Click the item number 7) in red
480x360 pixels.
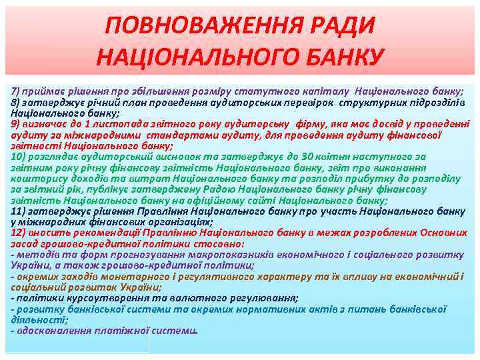[17, 90]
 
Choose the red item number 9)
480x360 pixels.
[17, 123]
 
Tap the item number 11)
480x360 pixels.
[19, 211]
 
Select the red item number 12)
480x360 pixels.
[19, 232]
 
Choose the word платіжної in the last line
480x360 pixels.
[128, 330]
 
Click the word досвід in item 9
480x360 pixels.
[369, 123]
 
